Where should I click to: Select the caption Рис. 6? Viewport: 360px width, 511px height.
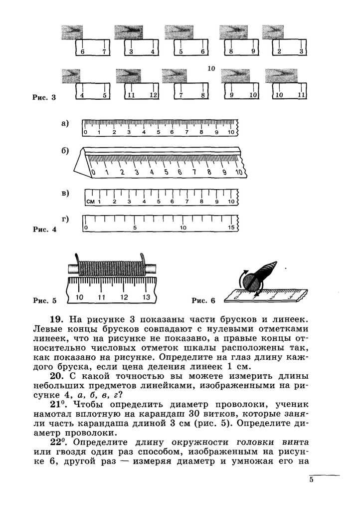[x=203, y=300]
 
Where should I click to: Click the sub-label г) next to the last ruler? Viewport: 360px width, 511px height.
[x=65, y=219]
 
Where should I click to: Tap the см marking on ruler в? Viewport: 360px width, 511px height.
[x=90, y=202]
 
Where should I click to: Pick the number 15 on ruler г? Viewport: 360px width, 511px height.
[x=231, y=228]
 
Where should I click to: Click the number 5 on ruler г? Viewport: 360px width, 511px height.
[x=135, y=228]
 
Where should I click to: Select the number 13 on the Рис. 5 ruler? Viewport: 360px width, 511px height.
[x=146, y=297]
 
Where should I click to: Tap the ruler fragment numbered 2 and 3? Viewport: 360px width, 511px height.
[x=290, y=49]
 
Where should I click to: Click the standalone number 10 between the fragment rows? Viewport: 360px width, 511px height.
[x=210, y=69]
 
